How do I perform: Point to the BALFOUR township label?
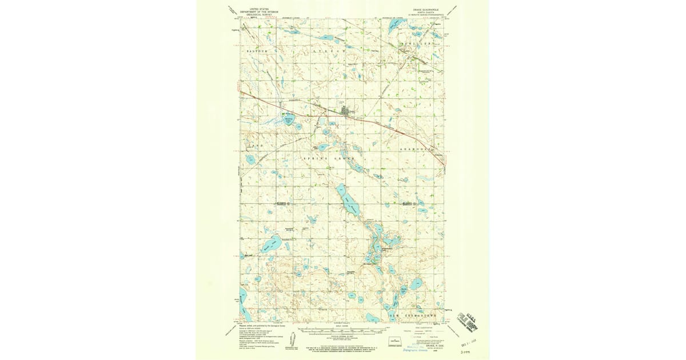tap(257, 51)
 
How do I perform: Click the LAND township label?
tap(257, 146)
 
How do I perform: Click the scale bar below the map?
tap(343, 331)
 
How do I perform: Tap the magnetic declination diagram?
tap(289, 337)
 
